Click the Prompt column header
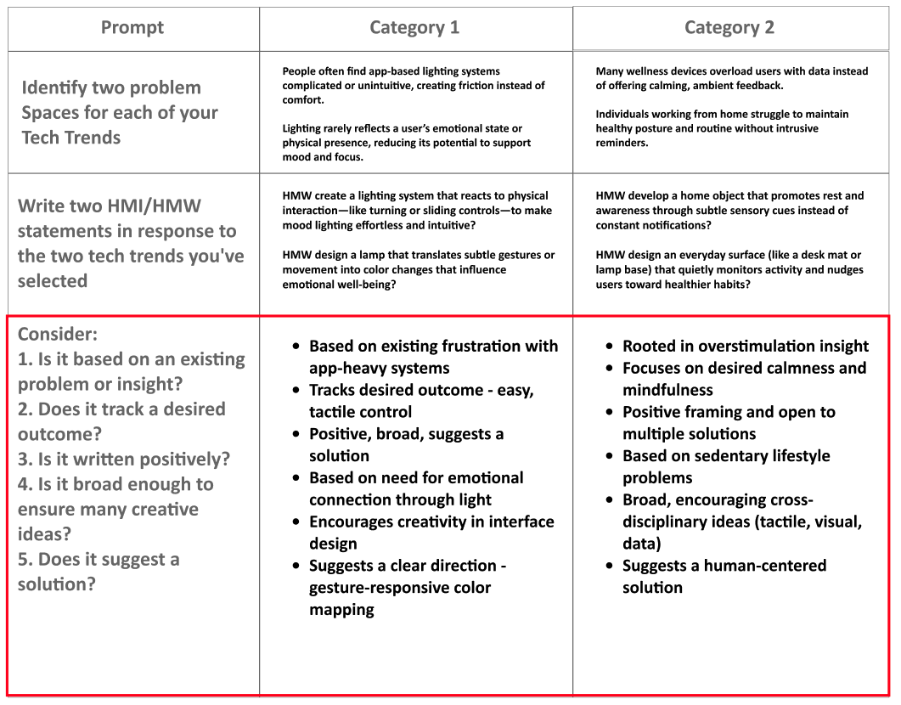(132, 28)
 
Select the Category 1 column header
(414, 28)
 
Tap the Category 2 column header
(729, 28)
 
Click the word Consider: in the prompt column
(58, 335)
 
